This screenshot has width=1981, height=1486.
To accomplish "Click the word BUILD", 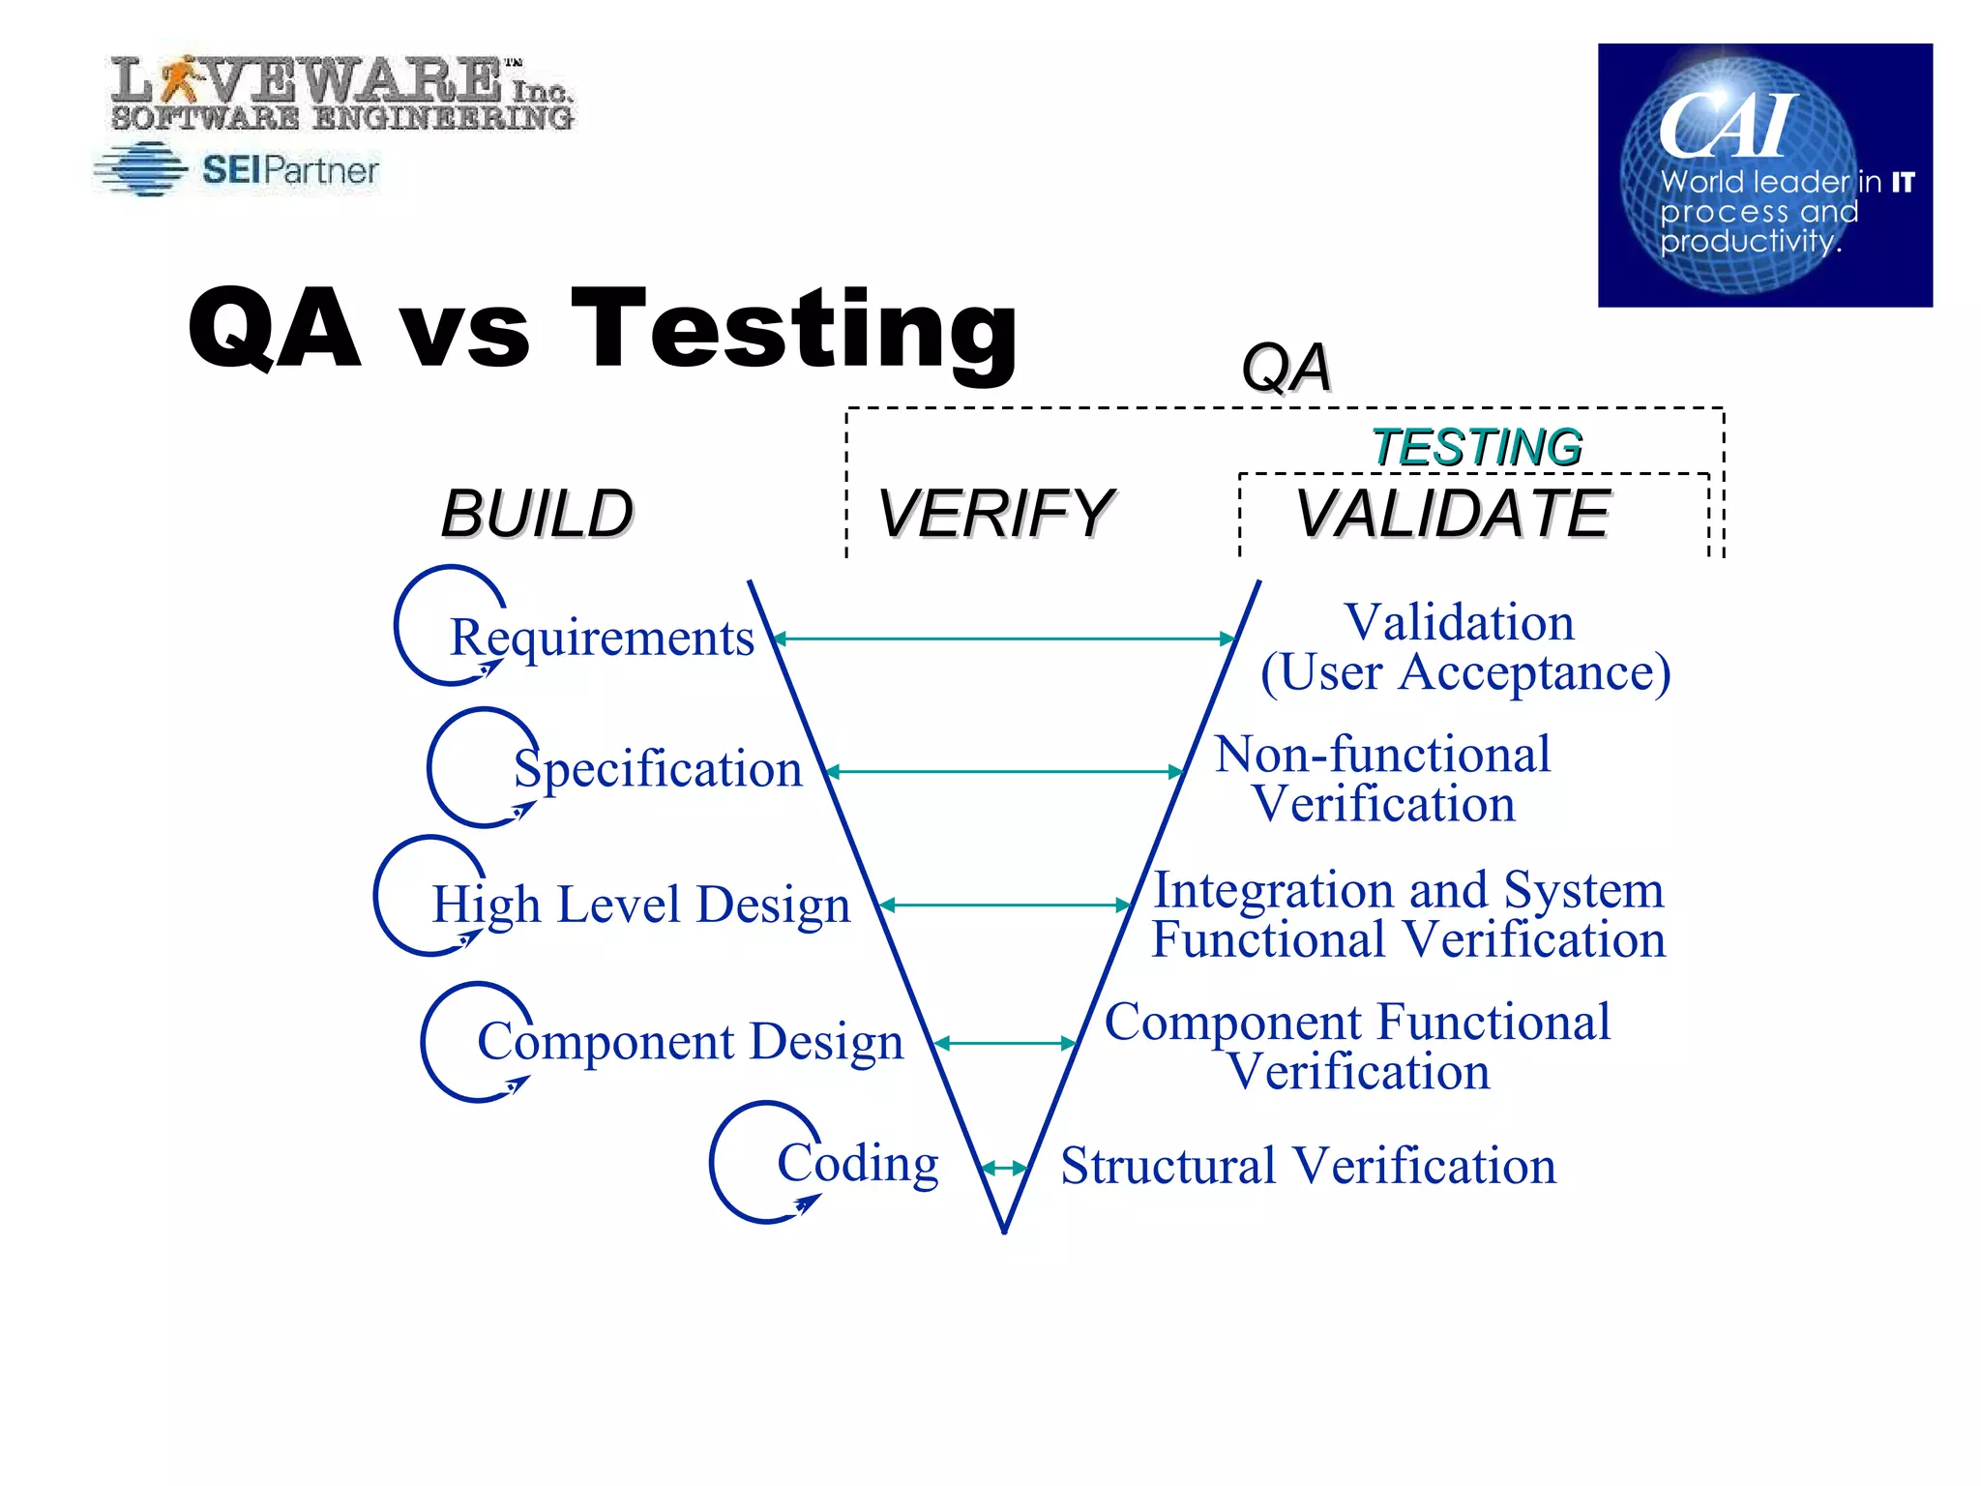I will [537, 514].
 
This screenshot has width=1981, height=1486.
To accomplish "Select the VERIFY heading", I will [995, 514].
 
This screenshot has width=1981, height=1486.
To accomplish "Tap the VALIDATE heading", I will [1452, 514].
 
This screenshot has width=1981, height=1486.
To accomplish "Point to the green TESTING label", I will [1477, 448].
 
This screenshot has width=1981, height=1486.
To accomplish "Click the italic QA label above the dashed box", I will [1286, 369].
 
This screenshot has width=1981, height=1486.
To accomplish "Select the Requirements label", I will [602, 639].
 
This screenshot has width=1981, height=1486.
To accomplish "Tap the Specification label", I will [658, 770].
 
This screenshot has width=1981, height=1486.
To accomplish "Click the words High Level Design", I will [640, 906].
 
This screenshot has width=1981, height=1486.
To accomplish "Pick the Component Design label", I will [690, 1043].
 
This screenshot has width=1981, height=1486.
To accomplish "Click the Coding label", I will [857, 1164].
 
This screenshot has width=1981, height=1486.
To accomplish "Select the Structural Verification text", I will [1308, 1166].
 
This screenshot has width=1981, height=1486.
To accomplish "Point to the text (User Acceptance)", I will [1464, 672].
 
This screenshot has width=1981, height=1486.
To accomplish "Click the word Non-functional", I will [1382, 755].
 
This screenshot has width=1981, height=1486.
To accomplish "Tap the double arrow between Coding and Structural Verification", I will [1005, 1169].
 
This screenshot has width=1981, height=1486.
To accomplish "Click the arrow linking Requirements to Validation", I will [1005, 639].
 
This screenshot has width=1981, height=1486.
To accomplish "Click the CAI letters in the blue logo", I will [1727, 126].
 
